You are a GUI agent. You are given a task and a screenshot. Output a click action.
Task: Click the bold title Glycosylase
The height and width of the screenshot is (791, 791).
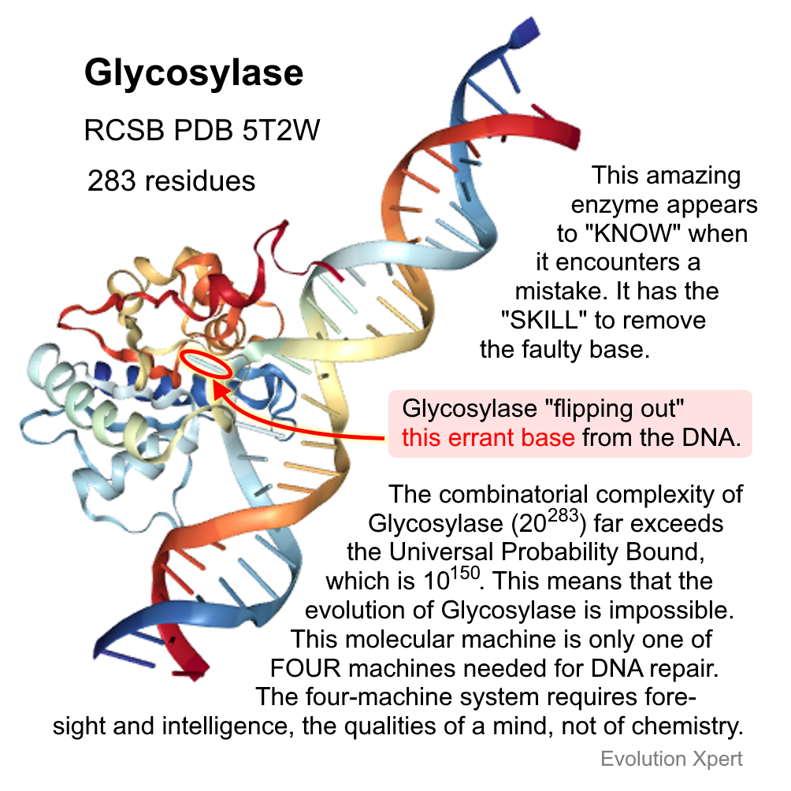point(194,74)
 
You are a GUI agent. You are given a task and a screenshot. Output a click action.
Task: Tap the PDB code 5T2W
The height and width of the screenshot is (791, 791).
point(281,130)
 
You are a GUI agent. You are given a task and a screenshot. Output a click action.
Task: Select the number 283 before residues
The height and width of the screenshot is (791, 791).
point(112,181)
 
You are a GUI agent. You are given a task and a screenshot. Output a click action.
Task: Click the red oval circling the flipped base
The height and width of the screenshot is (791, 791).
point(207,364)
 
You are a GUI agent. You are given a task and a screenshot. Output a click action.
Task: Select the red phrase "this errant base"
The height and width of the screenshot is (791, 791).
point(488,437)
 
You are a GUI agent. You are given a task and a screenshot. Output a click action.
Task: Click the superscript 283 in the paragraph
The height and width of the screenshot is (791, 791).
point(563,515)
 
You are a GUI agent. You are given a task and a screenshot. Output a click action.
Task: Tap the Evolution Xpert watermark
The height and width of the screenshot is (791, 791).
point(671,759)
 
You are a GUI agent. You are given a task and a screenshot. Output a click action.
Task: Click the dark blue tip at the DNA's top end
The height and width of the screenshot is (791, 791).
point(525,32)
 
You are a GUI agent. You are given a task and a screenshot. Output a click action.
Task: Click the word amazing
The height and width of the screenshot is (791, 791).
point(693,176)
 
